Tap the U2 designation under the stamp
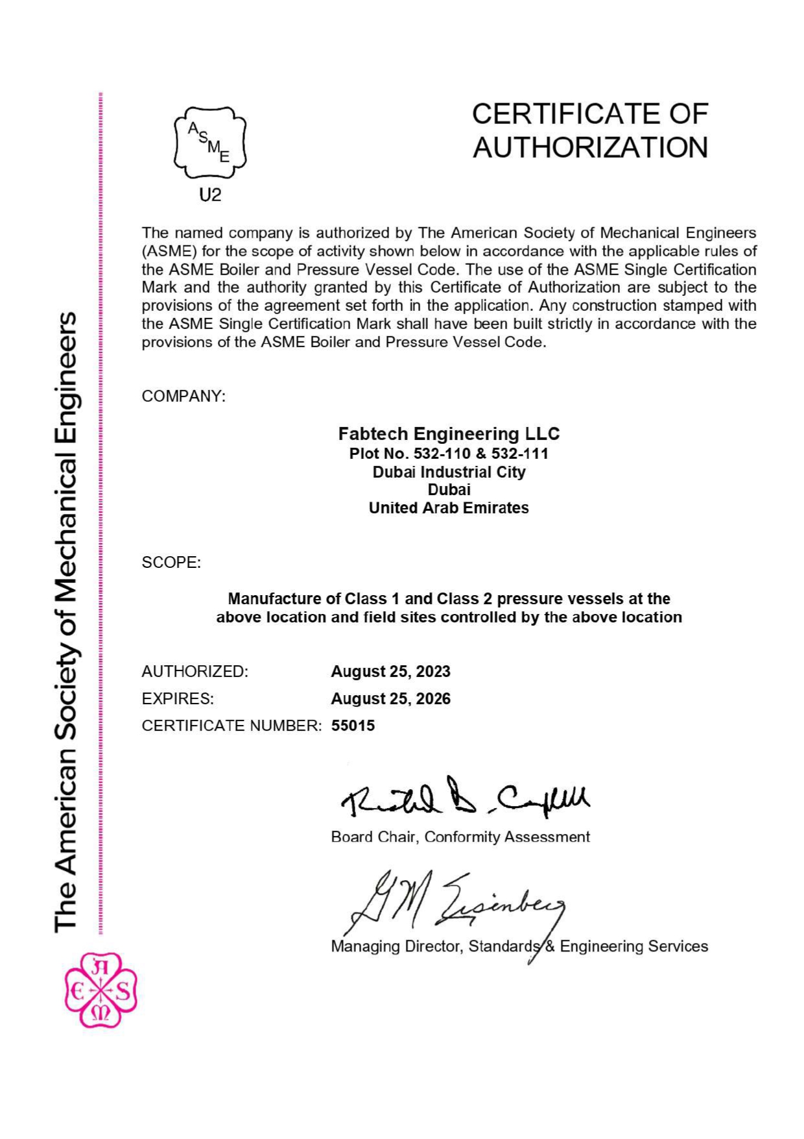210,195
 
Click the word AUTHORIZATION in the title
590,147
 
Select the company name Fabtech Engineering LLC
449,434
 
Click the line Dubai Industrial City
449,472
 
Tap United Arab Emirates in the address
449,508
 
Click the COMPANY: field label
183,396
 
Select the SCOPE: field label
171,562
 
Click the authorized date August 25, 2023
390,672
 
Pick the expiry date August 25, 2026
390,699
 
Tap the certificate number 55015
353,726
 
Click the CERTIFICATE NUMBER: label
231,726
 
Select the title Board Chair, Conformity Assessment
460,837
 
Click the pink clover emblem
100,990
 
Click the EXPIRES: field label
178,699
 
